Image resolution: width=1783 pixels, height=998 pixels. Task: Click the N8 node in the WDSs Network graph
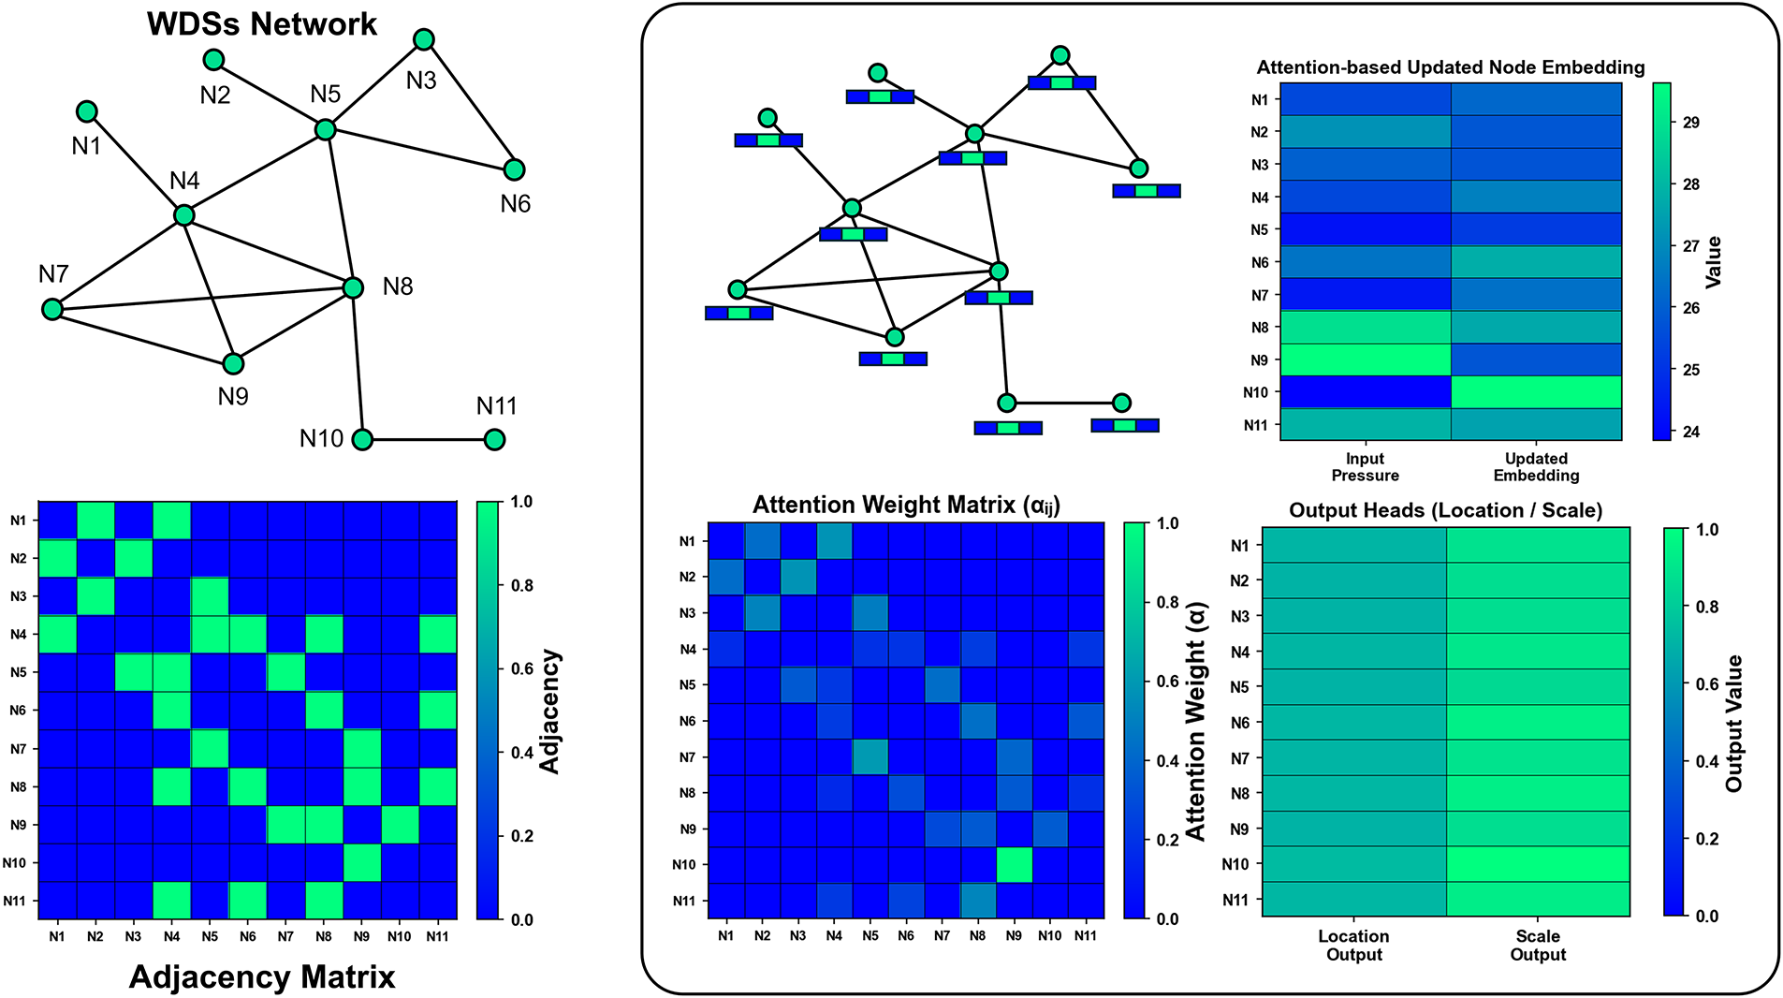[x=353, y=287]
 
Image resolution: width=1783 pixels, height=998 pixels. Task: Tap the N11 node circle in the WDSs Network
[x=495, y=439]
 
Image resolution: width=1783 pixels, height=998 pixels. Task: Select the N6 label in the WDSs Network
[x=515, y=204]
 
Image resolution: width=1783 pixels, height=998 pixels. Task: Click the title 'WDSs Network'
[x=262, y=24]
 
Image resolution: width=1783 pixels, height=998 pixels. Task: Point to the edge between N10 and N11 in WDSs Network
[x=429, y=439]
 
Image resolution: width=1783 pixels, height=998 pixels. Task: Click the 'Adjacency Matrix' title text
[x=262, y=977]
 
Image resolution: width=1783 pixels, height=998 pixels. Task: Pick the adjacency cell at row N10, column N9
[x=361, y=862]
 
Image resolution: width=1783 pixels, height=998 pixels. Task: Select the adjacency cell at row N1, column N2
[x=95, y=521]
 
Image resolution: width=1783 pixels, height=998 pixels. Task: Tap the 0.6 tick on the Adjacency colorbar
[x=521, y=668]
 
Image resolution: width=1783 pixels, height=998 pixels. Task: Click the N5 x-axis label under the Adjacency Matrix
[x=210, y=936]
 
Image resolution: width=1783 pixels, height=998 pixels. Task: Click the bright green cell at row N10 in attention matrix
[x=1014, y=864]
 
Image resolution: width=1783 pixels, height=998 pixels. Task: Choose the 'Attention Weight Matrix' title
[x=906, y=506]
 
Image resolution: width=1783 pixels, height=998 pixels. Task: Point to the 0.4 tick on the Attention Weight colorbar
[x=1166, y=761]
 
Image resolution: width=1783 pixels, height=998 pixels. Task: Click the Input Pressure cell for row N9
[x=1365, y=360]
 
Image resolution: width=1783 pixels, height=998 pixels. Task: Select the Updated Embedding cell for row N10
[x=1536, y=392]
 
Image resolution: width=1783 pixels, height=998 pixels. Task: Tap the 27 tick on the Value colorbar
[x=1690, y=246]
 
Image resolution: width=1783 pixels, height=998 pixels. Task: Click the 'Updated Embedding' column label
[x=1536, y=466]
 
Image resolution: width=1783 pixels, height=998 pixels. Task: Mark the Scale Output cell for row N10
[x=1538, y=864]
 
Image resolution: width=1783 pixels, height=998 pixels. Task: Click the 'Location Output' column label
[x=1353, y=945]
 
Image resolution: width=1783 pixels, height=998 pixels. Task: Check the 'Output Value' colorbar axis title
[x=1734, y=723]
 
